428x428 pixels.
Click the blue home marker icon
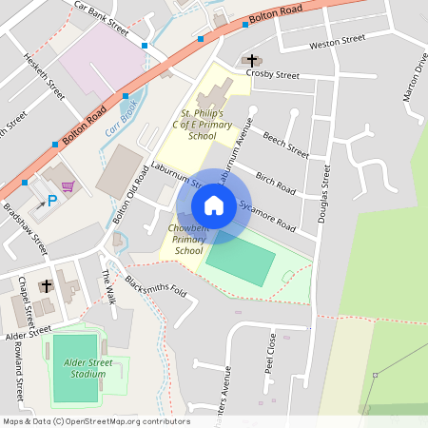pyautogui.click(x=214, y=204)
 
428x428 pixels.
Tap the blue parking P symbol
pyautogui.click(x=52, y=201)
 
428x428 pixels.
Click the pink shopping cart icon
pyautogui.click(x=67, y=186)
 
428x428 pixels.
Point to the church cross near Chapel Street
pyautogui.click(x=46, y=285)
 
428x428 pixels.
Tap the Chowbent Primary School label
pyautogui.click(x=188, y=240)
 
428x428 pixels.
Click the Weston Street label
pyautogui.click(x=337, y=42)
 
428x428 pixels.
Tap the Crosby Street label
pyautogui.click(x=273, y=74)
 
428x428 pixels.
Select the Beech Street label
pyautogui.click(x=286, y=144)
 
